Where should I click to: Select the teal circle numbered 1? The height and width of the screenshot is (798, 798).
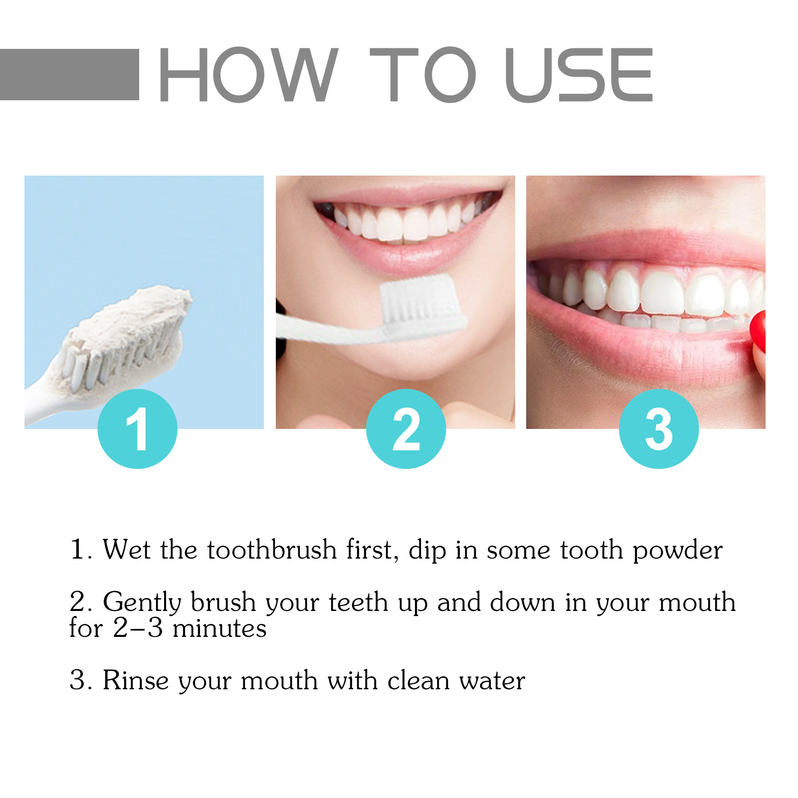pyautogui.click(x=137, y=428)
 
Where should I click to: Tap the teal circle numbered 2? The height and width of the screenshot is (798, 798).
pyautogui.click(x=406, y=428)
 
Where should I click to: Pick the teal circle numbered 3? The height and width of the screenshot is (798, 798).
pyautogui.click(x=658, y=428)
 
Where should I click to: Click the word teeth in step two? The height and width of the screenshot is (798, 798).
pyautogui.click(x=358, y=602)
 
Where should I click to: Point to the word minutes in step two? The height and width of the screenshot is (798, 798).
pyautogui.click(x=219, y=628)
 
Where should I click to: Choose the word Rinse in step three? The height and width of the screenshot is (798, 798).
pyautogui.click(x=136, y=680)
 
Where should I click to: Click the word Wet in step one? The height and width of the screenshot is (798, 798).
pyautogui.click(x=126, y=550)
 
